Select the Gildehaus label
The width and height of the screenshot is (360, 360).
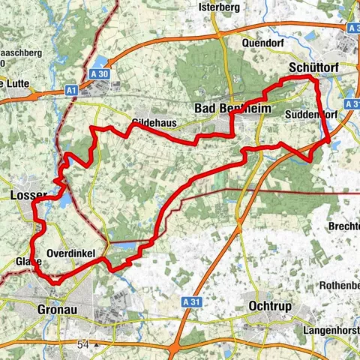click(x=146, y=121)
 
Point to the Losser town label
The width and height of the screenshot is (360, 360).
click(x=29, y=196)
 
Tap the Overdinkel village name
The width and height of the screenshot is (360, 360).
click(x=70, y=254)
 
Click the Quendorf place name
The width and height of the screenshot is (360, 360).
click(x=262, y=43)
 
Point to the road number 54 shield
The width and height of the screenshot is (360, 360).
click(x=82, y=344)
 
